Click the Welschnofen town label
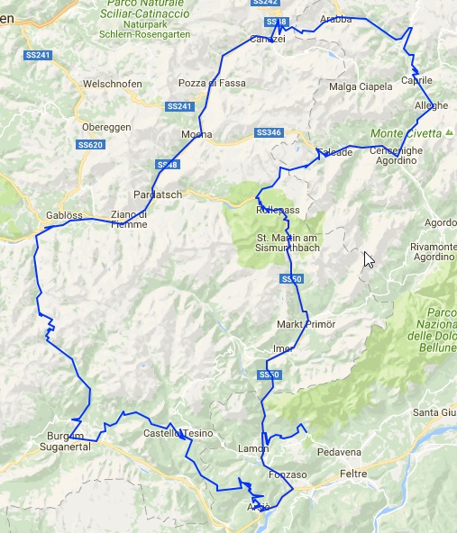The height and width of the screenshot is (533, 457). tap(113, 84)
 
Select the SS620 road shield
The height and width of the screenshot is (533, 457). tap(90, 145)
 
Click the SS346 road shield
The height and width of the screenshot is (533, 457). tap(269, 132)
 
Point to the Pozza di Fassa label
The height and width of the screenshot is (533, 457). tap(210, 83)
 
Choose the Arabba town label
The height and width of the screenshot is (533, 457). tap(335, 18)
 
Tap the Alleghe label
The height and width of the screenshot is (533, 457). tap(431, 105)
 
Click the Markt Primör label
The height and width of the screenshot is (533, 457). tap(306, 324)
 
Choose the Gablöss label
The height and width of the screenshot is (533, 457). tap(64, 215)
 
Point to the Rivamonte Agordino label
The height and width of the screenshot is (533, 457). tap(432, 251)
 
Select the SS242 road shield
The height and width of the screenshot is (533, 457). tap(268, 3)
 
